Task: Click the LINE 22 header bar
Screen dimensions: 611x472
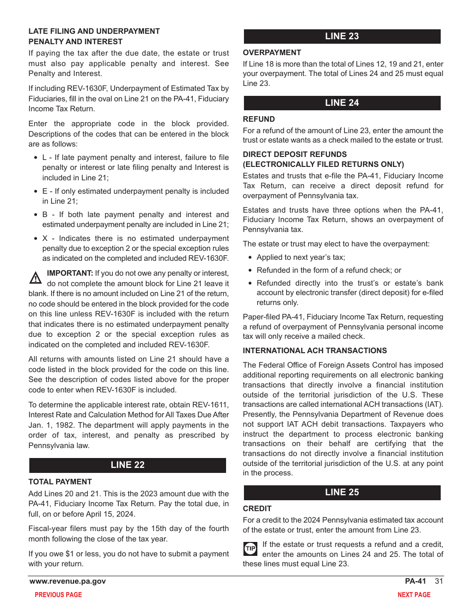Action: click(128, 465)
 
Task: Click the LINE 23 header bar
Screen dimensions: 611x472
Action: click(342, 36)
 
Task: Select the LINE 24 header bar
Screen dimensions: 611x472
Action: click(342, 103)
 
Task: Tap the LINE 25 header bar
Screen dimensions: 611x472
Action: click(342, 492)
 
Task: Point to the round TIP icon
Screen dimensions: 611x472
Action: click(250, 548)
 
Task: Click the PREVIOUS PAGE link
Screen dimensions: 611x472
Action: click(58, 595)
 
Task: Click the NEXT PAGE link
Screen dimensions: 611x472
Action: click(414, 595)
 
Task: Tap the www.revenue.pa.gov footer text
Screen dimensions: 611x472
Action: click(68, 581)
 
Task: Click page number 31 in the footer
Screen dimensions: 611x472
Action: click(438, 581)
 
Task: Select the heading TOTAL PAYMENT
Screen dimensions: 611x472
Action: click(60, 482)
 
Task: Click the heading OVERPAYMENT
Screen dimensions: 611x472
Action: click(272, 53)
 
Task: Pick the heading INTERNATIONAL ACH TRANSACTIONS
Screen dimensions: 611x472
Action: click(315, 351)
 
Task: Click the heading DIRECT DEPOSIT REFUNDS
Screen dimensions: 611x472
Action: click(295, 154)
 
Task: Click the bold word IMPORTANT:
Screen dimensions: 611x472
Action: click(70, 273)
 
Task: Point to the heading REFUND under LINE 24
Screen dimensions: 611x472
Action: click(259, 119)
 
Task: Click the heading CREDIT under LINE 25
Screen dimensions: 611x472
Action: click(257, 509)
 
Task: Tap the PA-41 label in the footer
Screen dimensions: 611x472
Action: click(415, 581)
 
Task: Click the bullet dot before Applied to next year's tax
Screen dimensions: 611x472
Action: click(250, 258)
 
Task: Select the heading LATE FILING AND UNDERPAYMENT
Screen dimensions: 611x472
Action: click(94, 31)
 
